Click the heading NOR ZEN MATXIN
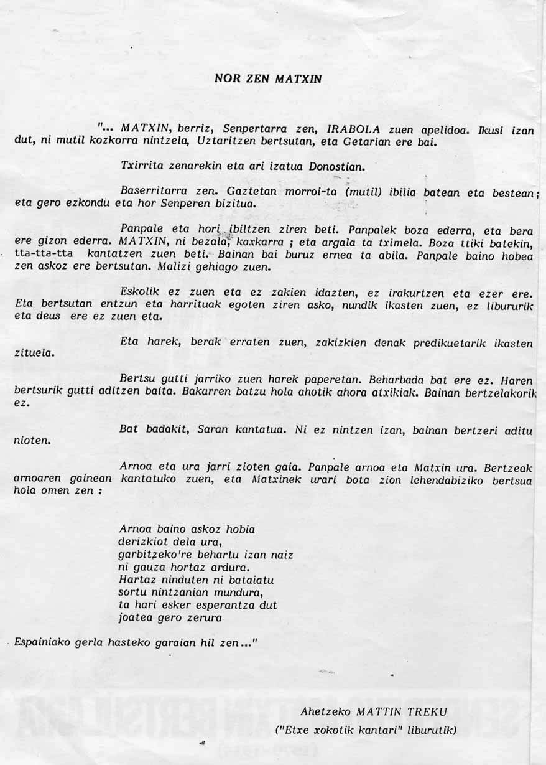(268, 79)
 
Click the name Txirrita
(142, 167)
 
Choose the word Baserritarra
(149, 192)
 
